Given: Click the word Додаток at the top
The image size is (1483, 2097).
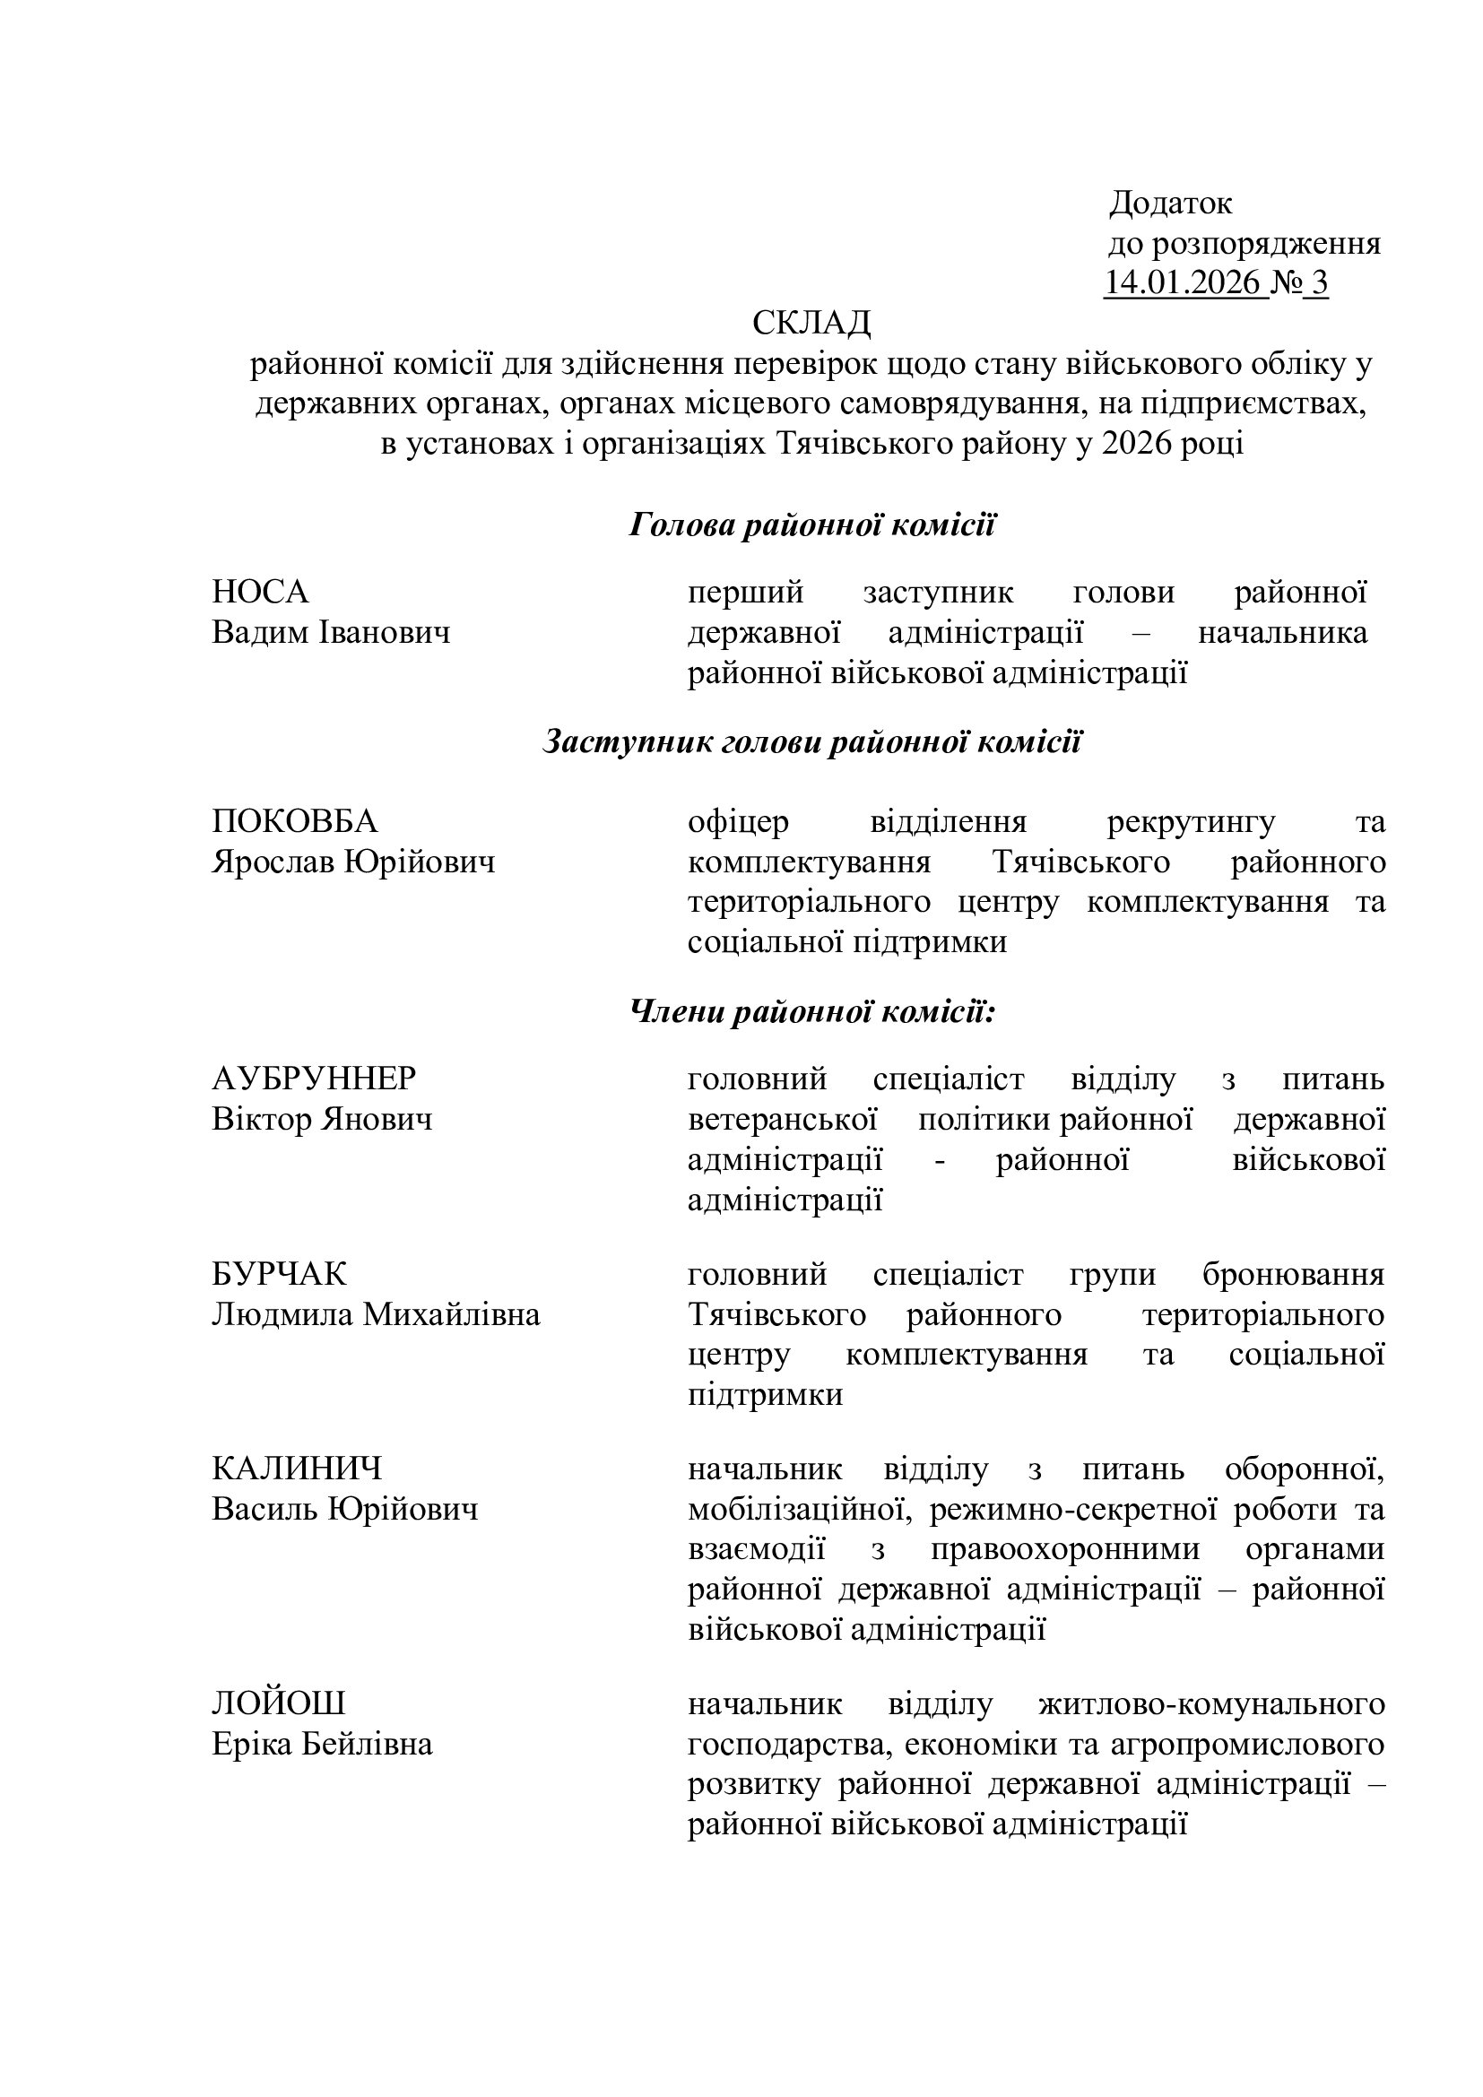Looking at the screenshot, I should pos(1171,204).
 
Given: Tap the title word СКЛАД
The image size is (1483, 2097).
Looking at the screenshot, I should pos(811,324).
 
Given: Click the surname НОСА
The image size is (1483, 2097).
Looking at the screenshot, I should pos(260,593).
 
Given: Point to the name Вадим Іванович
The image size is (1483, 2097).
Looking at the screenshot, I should pos(331,633).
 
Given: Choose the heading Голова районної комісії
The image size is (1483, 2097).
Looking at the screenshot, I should pos(811,526).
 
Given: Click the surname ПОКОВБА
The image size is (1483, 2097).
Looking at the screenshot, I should pos(294,822).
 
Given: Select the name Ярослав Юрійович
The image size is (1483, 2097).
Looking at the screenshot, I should pos(352,862).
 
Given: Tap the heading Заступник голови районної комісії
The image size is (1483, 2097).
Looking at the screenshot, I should pos(811,742).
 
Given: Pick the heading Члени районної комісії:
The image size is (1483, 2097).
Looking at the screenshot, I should pos(811,1012).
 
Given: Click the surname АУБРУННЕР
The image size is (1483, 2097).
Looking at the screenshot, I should pos(313,1079).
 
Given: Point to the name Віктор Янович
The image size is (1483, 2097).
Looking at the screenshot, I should pos(322,1120).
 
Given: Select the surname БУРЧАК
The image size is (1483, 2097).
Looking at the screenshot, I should pos(280,1275).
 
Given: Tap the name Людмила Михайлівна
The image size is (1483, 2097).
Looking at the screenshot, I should pos(376,1315).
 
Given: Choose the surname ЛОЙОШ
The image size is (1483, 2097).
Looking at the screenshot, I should pos(279,1704).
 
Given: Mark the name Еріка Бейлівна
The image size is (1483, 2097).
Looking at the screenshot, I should pos(322,1745).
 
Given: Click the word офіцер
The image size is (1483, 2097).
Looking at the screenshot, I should pos(738,822).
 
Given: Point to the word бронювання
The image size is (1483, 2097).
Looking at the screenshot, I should pos(1293,1275).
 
